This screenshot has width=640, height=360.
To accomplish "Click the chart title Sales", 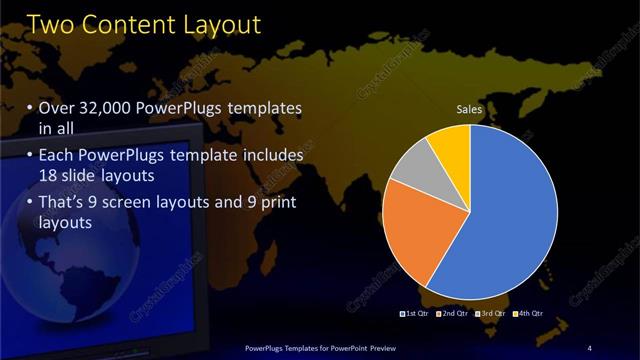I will click(471, 108).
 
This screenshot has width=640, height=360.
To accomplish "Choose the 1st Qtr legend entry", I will click(415, 314).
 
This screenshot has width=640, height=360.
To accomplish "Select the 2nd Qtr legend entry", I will click(452, 314).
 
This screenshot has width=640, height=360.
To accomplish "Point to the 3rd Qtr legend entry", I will click(490, 314).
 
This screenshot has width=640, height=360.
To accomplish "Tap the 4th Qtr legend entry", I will click(527, 314).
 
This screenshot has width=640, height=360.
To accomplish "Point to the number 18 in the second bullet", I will click(48, 176).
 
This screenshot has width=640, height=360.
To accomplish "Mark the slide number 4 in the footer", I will click(590, 347).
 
